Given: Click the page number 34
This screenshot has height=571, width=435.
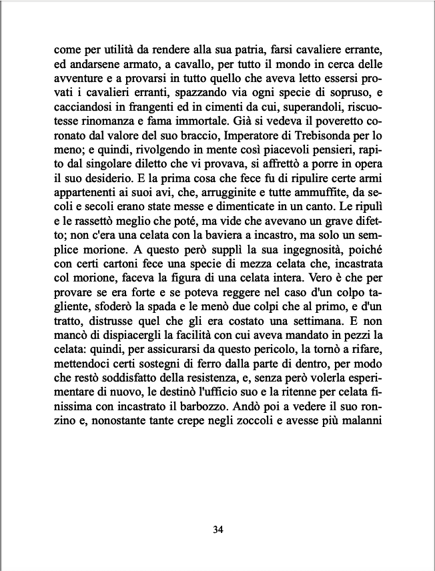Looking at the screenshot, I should click(217, 530).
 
